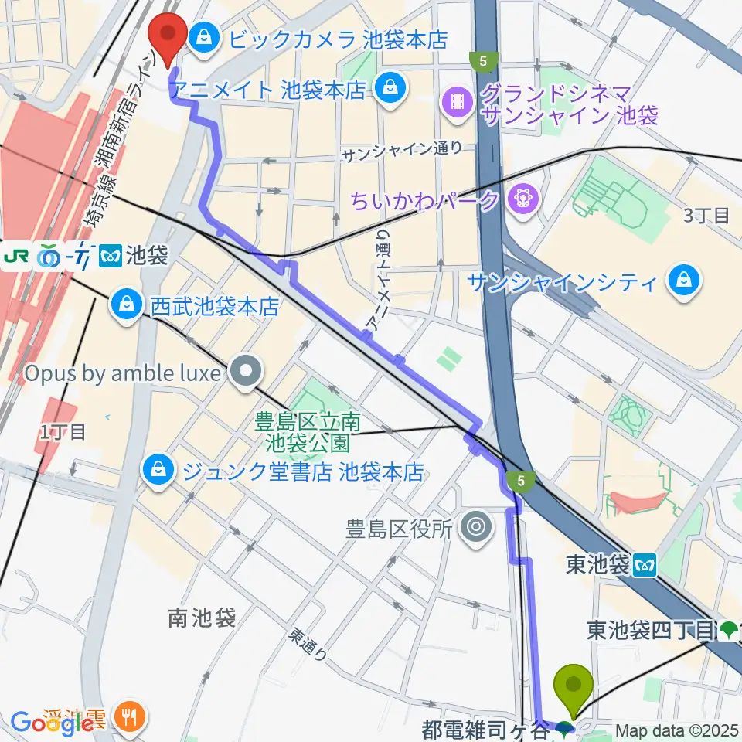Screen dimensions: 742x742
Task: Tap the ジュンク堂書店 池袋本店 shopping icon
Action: point(158,469)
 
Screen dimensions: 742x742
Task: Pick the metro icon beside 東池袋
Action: point(644,566)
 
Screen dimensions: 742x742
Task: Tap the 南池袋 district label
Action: point(200,617)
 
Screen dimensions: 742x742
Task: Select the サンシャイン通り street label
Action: point(403,154)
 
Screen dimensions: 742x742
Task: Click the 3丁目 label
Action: point(706,216)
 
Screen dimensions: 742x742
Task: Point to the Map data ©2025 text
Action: point(676,730)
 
